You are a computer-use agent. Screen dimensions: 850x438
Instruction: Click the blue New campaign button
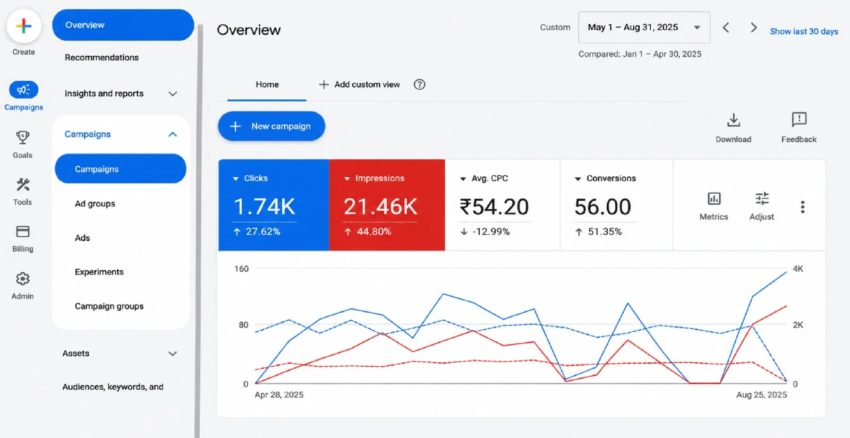tap(271, 126)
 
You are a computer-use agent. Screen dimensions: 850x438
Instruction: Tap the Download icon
tap(734, 120)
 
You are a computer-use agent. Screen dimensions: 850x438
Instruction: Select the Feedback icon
tap(799, 119)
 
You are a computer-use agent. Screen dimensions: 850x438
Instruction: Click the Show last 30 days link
tap(804, 31)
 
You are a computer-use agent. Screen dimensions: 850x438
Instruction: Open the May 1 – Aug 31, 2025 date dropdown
tap(644, 27)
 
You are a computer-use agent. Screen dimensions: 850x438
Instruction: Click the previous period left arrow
tap(726, 28)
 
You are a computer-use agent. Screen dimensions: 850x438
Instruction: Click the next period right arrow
tap(754, 28)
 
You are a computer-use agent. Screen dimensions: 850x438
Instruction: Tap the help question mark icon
tap(419, 84)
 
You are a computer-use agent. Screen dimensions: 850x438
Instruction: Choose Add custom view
tap(359, 84)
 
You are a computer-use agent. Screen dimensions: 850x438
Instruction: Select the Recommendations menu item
tap(101, 57)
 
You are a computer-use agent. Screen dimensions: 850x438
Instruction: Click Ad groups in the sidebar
tap(95, 204)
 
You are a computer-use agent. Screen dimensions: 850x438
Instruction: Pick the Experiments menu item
tap(99, 272)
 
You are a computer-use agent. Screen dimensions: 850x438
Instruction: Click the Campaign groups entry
tap(109, 306)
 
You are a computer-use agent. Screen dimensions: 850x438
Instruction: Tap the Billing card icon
tap(23, 231)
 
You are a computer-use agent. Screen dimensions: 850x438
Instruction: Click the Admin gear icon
tap(23, 279)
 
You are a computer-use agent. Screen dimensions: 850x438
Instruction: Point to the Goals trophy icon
tap(23, 138)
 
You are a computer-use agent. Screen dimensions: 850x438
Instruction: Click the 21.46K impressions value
tap(380, 207)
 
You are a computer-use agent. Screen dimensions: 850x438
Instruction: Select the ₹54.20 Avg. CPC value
tap(494, 207)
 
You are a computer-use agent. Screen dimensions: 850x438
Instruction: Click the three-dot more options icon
tap(803, 207)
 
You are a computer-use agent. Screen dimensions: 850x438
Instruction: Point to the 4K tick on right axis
tap(797, 269)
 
